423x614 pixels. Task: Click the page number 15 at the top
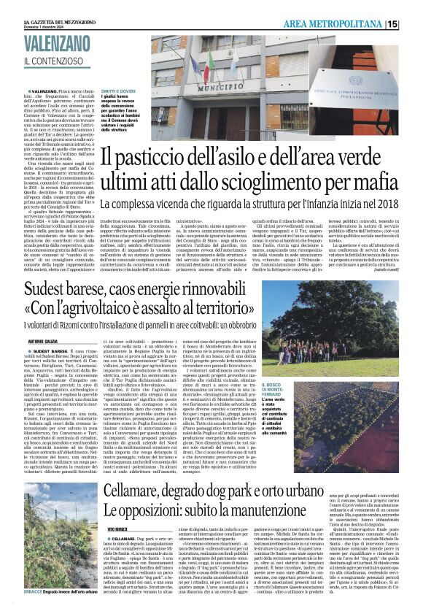412,24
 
